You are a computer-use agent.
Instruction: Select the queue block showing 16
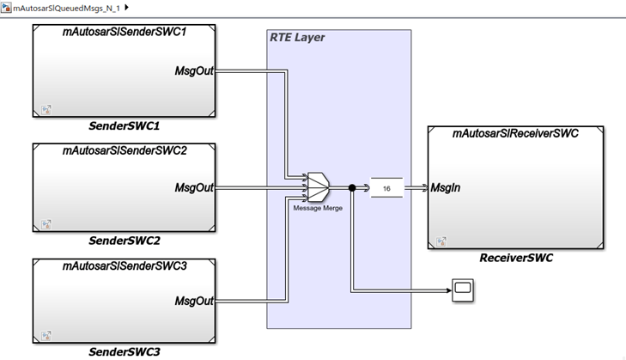point(386,187)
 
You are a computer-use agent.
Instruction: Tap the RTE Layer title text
point(297,38)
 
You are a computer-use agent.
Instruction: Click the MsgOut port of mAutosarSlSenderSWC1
point(194,70)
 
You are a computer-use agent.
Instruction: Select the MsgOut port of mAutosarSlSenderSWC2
point(194,187)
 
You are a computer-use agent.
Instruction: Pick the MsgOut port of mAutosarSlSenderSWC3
point(194,302)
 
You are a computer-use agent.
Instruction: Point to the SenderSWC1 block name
point(125,126)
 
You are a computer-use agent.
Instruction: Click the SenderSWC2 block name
point(125,241)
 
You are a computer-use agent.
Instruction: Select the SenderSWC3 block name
point(125,352)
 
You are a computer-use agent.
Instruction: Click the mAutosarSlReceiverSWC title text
point(515,134)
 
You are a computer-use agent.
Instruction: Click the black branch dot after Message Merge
point(352,187)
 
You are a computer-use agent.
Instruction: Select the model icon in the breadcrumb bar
point(7,8)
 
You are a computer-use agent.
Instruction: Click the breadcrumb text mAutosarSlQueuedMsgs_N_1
point(67,8)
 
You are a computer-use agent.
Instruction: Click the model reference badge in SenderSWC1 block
point(46,109)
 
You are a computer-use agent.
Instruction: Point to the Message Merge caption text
point(317,207)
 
